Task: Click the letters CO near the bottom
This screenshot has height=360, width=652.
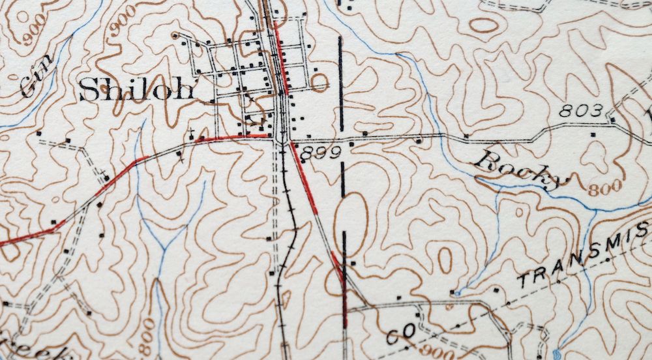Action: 400,335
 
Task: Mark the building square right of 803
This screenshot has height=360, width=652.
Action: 614,119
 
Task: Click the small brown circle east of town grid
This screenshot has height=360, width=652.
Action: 320,82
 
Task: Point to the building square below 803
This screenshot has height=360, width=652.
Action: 593,134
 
